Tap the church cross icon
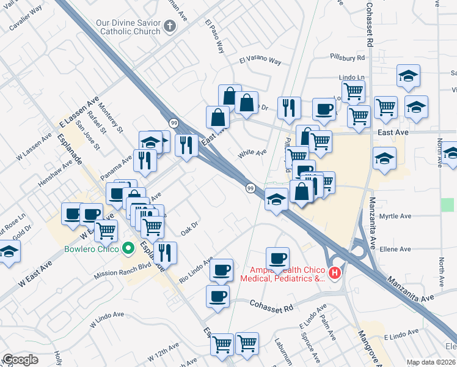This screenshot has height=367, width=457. tap(170, 27)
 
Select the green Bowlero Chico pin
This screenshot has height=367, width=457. tap(128, 248)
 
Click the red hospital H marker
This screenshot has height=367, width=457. tap(334, 273)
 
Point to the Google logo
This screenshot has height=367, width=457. tap(20, 360)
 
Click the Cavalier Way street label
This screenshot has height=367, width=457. tap(41, 10)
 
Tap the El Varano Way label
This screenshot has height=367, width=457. tap(260, 61)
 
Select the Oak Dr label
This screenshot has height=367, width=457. tap(190, 229)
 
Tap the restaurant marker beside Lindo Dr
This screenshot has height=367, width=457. tap(288, 107)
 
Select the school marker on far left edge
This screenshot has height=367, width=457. tap(9, 251)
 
